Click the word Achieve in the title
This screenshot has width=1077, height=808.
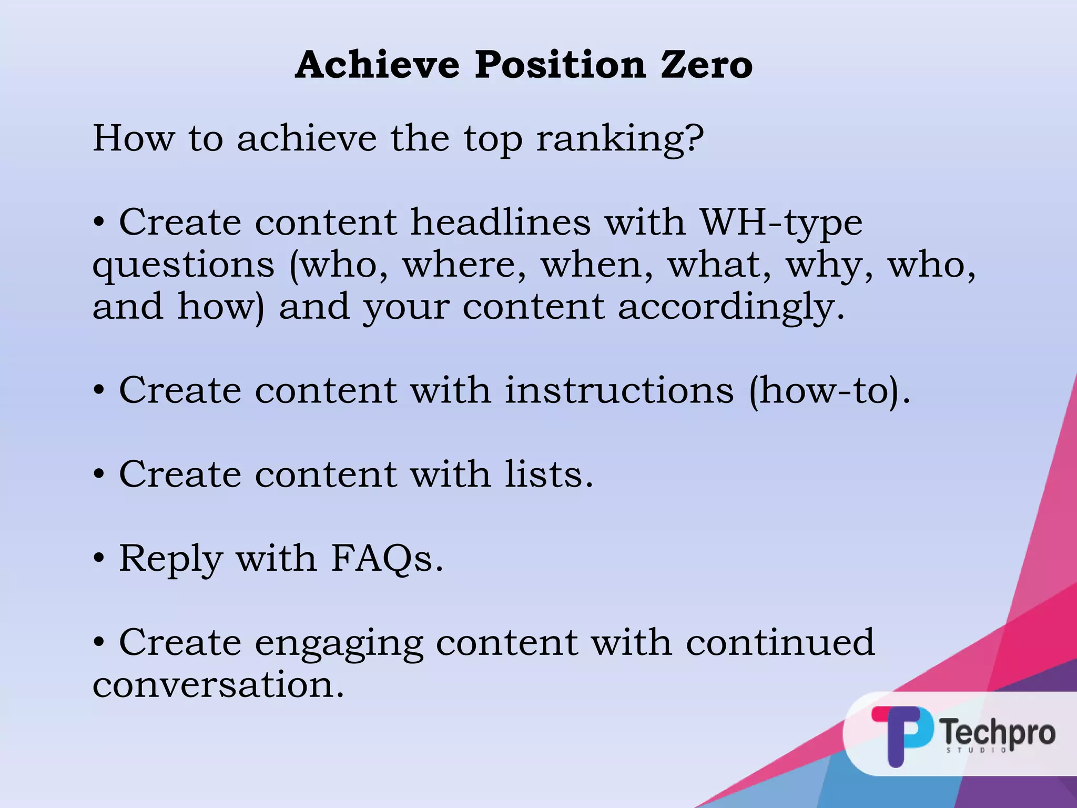click(377, 65)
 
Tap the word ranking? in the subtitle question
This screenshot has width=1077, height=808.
click(619, 139)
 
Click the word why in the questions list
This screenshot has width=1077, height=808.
click(829, 266)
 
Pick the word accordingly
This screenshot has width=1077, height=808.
click(731, 308)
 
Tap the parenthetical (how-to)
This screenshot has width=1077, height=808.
click(829, 391)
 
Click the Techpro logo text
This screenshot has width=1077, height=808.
click(997, 732)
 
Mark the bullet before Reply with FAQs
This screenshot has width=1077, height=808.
click(99, 559)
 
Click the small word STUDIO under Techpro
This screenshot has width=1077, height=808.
click(976, 750)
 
